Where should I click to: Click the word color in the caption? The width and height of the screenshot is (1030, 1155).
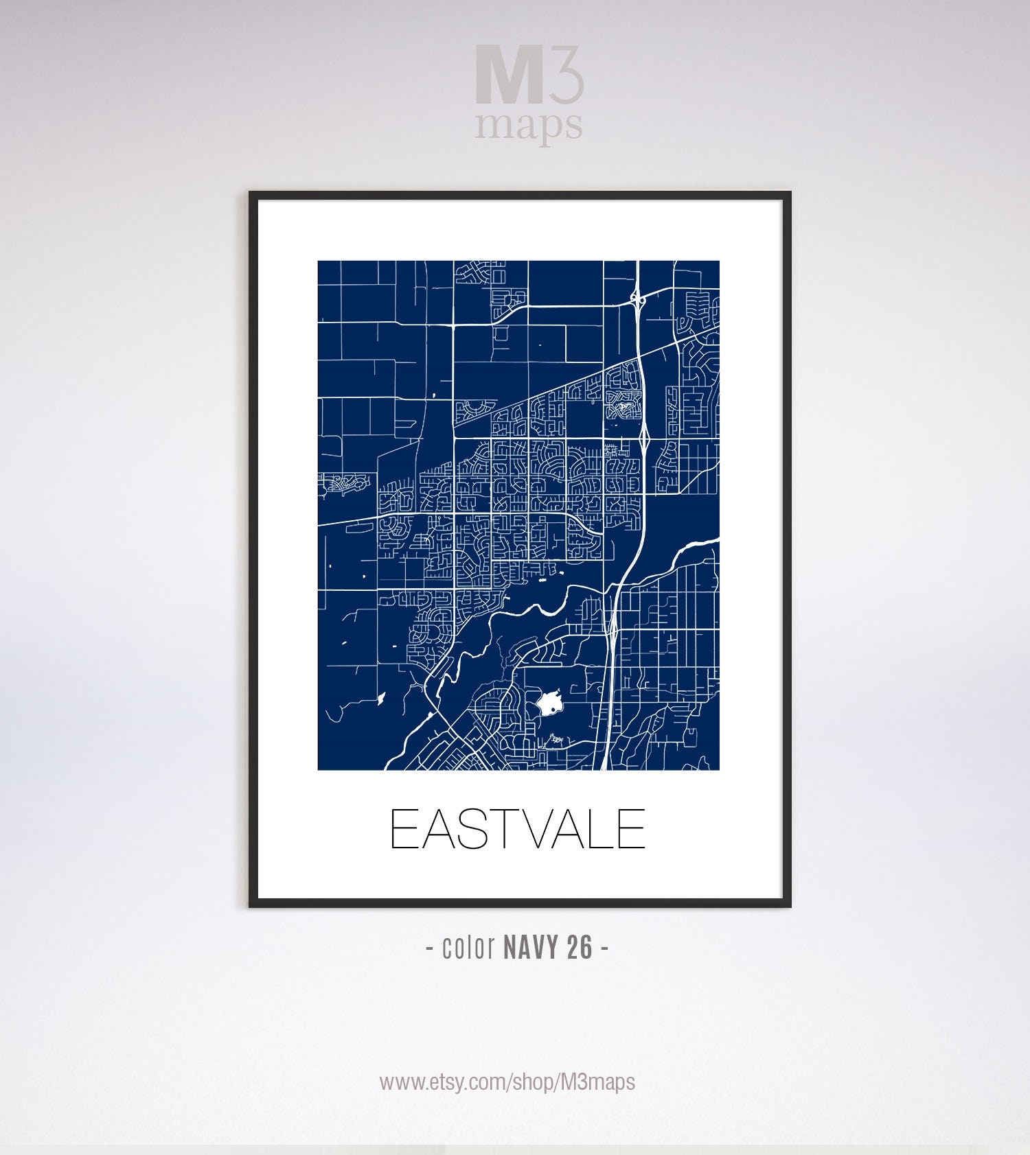tap(469, 948)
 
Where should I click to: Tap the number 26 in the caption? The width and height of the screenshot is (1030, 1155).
tap(580, 948)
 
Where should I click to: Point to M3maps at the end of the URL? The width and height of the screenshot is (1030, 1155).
tap(597, 1082)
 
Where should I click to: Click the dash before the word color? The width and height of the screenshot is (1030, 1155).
tap(430, 949)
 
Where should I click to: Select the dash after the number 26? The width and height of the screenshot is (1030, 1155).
tap(604, 949)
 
